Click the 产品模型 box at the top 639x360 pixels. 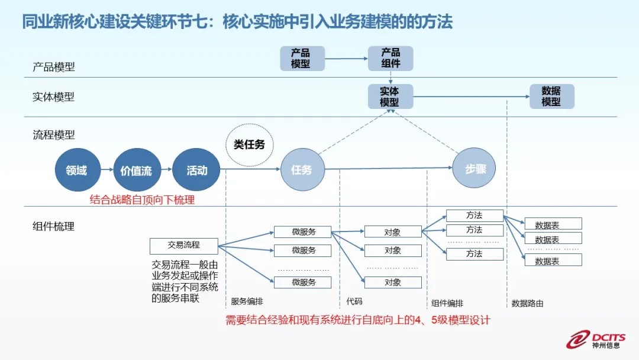[302, 58]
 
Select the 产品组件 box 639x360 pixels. [390, 58]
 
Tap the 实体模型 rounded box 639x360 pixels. [389, 97]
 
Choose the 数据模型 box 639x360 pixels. [551, 97]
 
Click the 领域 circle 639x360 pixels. [76, 171]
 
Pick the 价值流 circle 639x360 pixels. [136, 171]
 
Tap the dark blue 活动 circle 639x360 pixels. [196, 171]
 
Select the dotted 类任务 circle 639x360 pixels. [249, 144]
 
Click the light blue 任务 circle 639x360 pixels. [302, 171]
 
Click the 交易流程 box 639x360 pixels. [183, 245]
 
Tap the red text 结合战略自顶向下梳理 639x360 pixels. [142, 200]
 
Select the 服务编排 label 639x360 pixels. [247, 303]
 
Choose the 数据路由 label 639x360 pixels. [527, 303]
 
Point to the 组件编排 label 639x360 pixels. [447, 303]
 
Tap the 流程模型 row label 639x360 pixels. [54, 136]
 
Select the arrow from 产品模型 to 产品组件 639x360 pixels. [346, 59]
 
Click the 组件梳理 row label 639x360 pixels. [54, 226]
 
